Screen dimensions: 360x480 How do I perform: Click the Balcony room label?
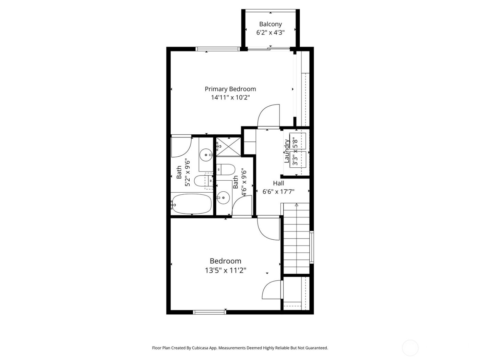pos(270,24)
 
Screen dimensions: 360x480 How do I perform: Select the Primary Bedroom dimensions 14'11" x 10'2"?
pos(230,97)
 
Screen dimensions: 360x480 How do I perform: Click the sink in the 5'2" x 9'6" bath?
pos(206,155)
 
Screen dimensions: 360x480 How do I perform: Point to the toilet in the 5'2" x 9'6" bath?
pos(202,181)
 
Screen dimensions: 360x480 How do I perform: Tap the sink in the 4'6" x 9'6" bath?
pos(223,197)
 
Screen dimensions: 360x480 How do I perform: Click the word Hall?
pos(278,183)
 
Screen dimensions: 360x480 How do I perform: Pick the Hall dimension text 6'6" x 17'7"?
pos(278,192)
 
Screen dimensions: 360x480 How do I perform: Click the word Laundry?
pos(287,151)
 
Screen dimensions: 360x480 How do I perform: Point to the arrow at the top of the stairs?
pos(297,205)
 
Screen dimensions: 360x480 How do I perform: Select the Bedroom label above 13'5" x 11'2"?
pos(225,261)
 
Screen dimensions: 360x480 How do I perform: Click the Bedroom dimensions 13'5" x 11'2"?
pos(225,271)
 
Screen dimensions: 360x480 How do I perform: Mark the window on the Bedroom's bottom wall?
pos(210,312)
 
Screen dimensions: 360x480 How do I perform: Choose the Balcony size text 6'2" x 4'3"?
pos(270,33)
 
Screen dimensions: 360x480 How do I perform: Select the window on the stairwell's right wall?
pos(312,247)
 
